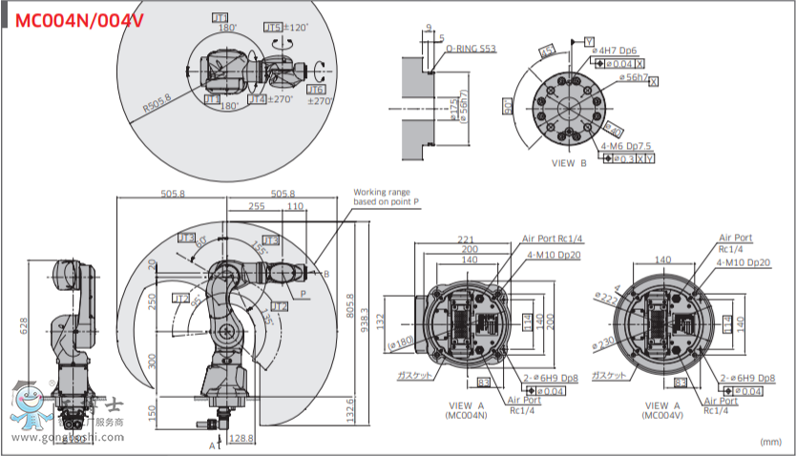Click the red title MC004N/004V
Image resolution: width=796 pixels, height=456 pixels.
coord(76,18)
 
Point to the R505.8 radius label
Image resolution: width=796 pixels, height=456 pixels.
coord(157,103)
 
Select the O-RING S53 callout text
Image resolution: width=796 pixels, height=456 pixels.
coord(471,48)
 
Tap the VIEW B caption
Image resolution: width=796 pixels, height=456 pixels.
coord(570,163)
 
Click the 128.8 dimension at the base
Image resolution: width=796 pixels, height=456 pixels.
coord(242,438)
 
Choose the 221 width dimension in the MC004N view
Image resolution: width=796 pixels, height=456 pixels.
coord(467,238)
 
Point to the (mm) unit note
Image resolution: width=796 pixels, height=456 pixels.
coord(770,442)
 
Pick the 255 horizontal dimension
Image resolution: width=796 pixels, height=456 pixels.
coord(256,206)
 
